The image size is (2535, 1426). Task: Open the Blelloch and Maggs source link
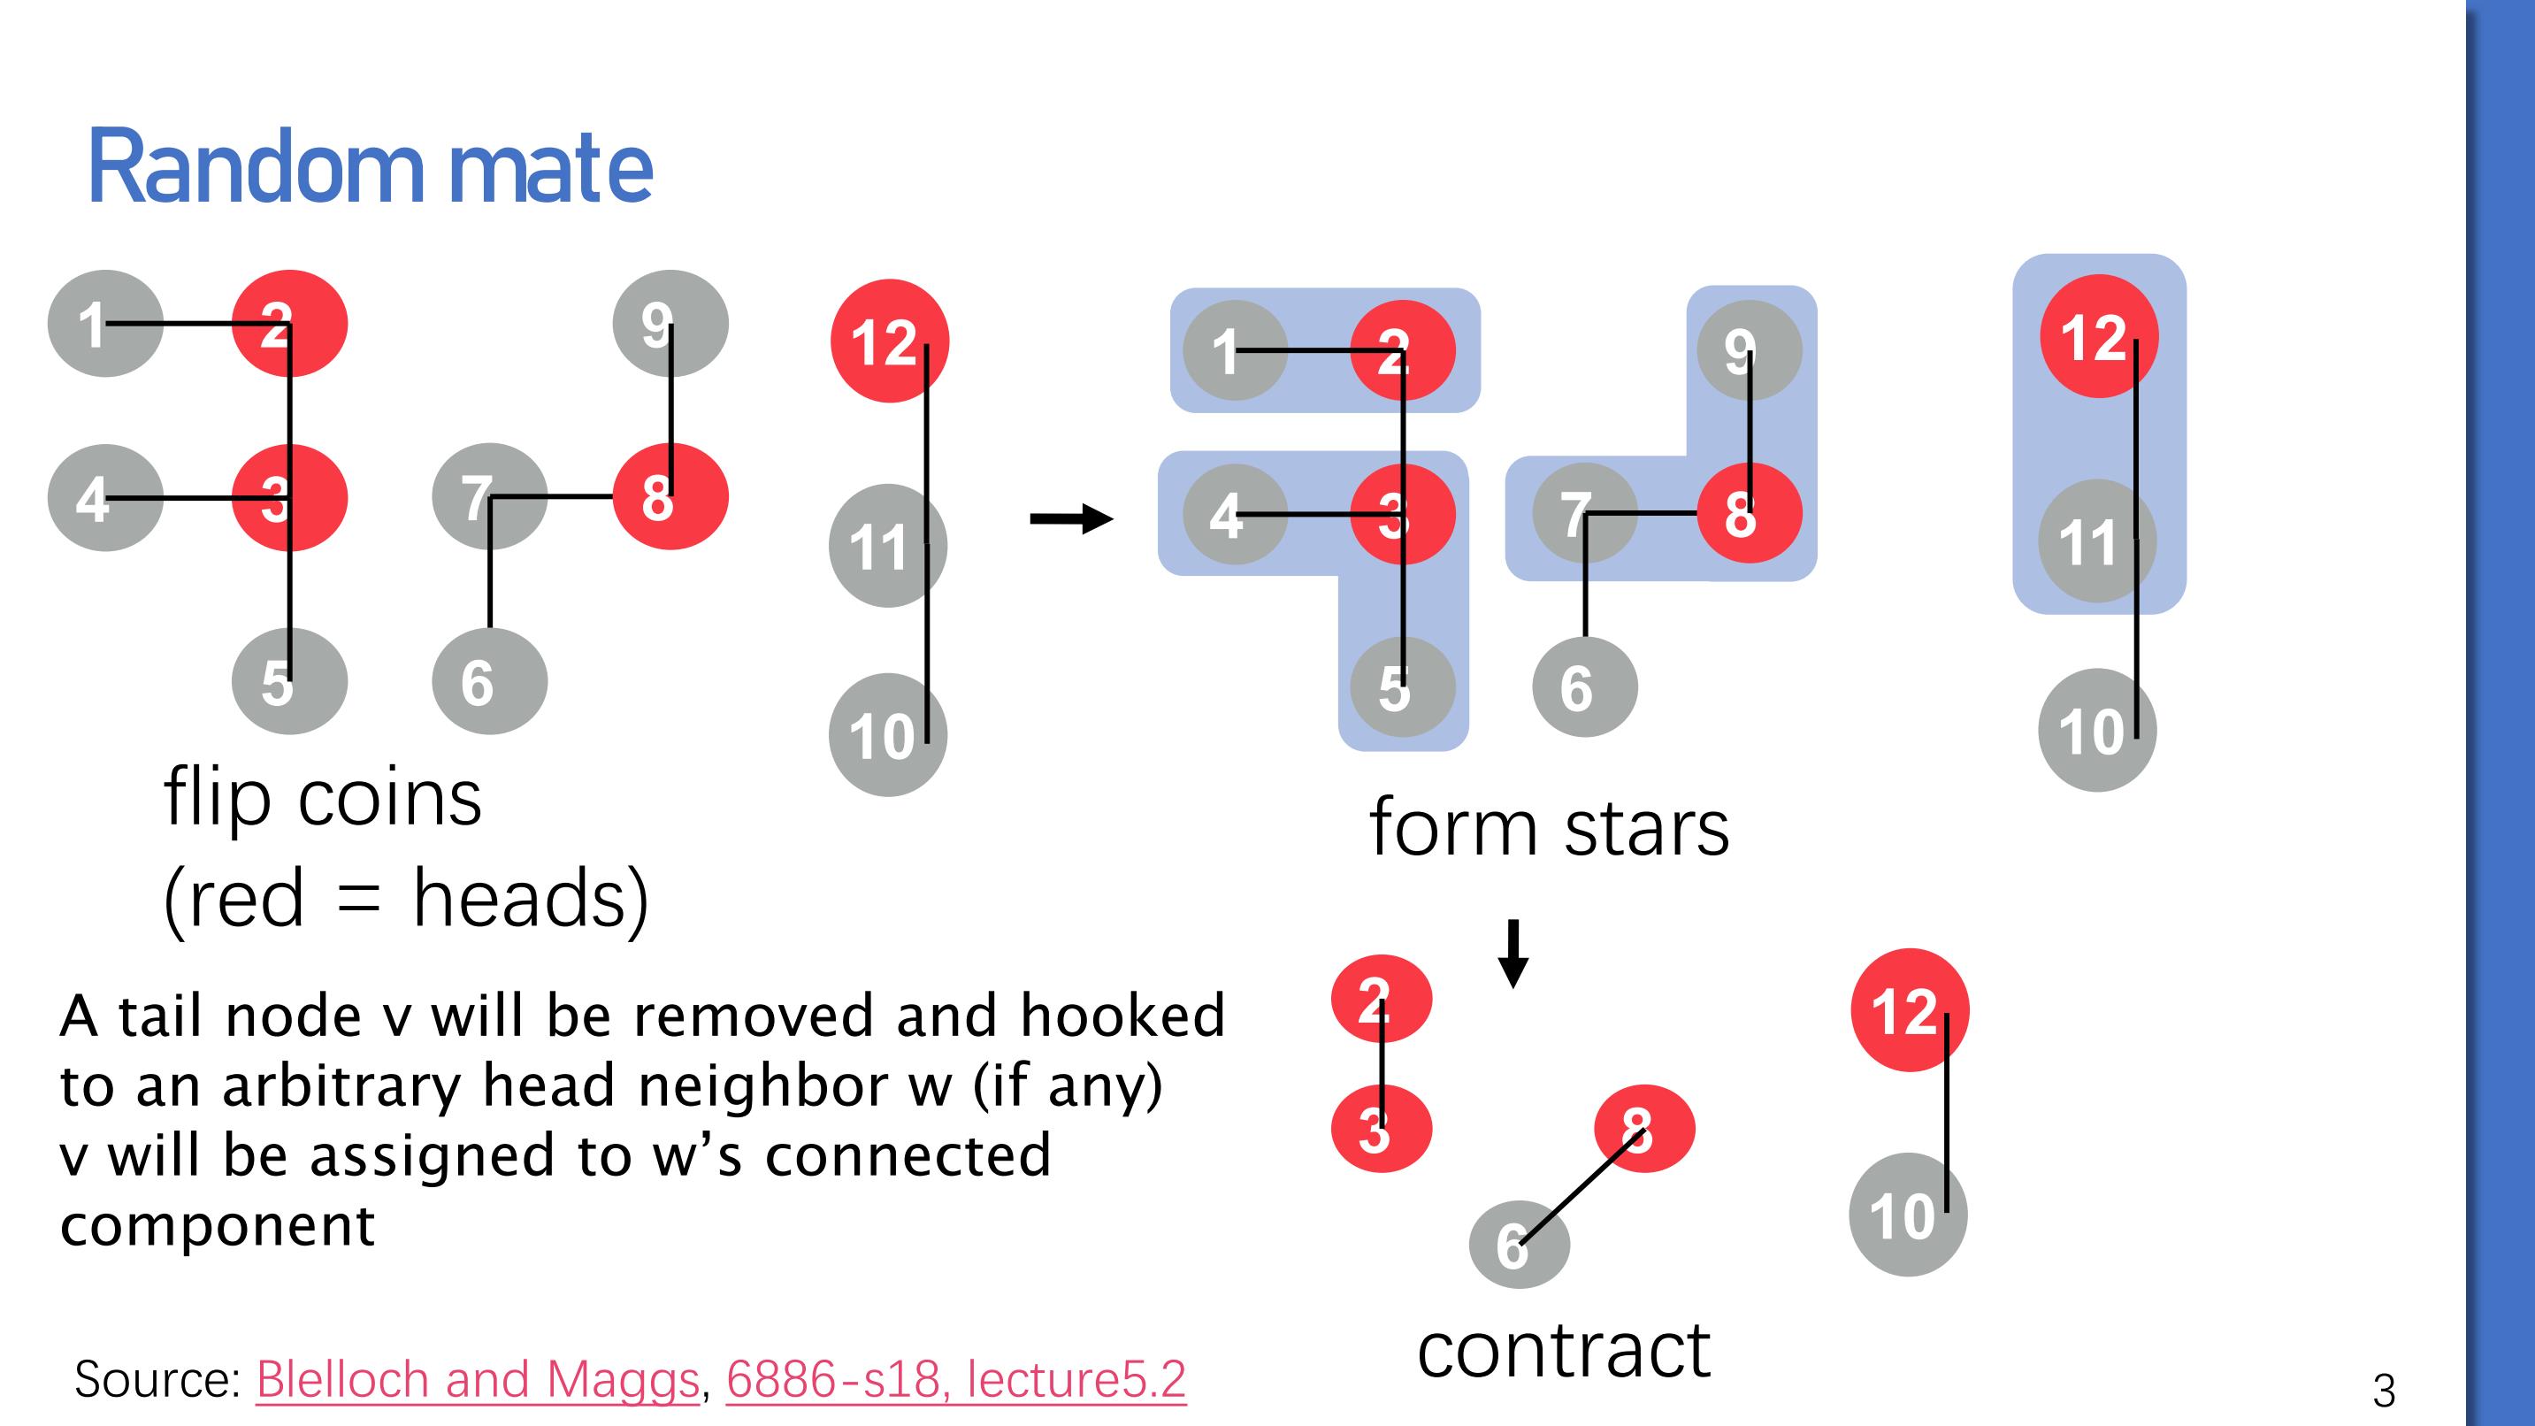[x=478, y=1380]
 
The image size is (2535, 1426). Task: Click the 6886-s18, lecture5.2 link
[x=955, y=1380]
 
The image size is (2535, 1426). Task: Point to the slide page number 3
[x=2384, y=1391]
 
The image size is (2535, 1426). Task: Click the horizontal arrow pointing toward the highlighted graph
[x=1070, y=518]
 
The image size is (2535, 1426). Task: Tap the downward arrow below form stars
[x=1513, y=953]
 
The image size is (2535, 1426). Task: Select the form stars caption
[x=1548, y=829]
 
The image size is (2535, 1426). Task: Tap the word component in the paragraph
[x=218, y=1226]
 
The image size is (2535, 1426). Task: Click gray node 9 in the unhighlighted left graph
[x=670, y=324]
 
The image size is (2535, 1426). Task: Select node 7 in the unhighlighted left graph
[x=489, y=496]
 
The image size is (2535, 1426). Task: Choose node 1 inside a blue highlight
[x=1234, y=350]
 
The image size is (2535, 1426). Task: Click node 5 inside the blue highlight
[x=1402, y=687]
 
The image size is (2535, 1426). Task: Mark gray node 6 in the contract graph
[x=1519, y=1245]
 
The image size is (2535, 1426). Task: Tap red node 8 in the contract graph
[x=1643, y=1128]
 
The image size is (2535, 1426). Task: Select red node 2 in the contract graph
[x=1381, y=999]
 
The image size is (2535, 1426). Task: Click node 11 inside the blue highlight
[x=2096, y=541]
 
